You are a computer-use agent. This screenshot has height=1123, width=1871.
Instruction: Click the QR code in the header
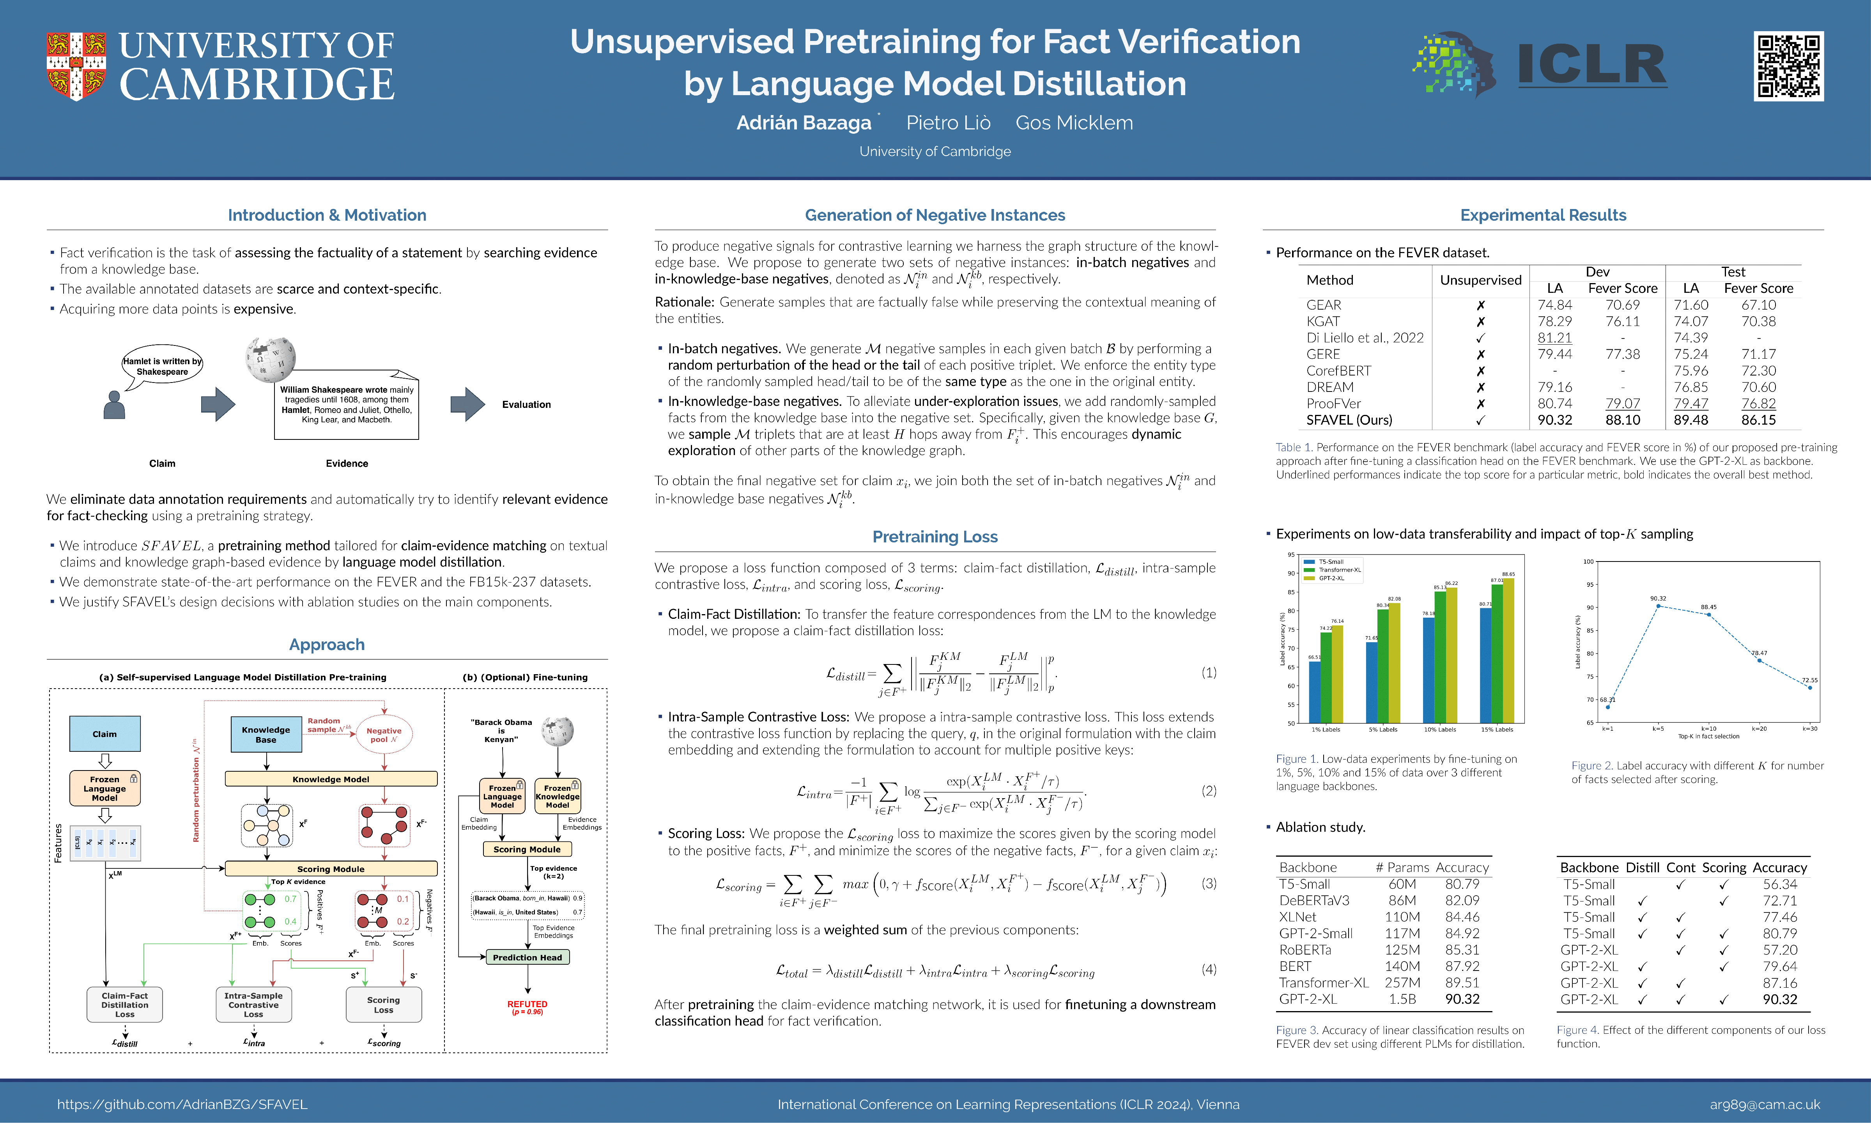pyautogui.click(x=1788, y=67)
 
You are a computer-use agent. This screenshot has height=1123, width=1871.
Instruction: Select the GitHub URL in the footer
pyautogui.click(x=182, y=1104)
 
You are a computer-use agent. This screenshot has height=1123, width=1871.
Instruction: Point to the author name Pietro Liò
pyautogui.click(x=948, y=122)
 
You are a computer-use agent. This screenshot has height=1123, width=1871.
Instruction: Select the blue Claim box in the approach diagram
pyautogui.click(x=104, y=733)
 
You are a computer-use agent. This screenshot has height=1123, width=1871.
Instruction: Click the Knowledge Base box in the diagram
pyautogui.click(x=266, y=734)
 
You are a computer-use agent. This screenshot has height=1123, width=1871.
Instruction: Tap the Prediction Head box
pyautogui.click(x=527, y=957)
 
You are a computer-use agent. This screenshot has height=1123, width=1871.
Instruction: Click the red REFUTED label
pyautogui.click(x=527, y=1004)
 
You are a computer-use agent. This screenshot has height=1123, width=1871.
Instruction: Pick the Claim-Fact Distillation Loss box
pyautogui.click(x=125, y=1005)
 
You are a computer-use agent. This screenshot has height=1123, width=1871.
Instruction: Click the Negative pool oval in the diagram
pyautogui.click(x=384, y=734)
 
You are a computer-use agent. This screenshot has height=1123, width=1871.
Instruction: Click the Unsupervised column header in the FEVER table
pyautogui.click(x=1480, y=280)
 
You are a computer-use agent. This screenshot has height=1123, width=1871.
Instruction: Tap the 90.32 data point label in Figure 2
pyautogui.click(x=1658, y=598)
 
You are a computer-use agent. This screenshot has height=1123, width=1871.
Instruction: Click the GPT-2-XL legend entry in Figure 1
pyautogui.click(x=1331, y=578)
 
